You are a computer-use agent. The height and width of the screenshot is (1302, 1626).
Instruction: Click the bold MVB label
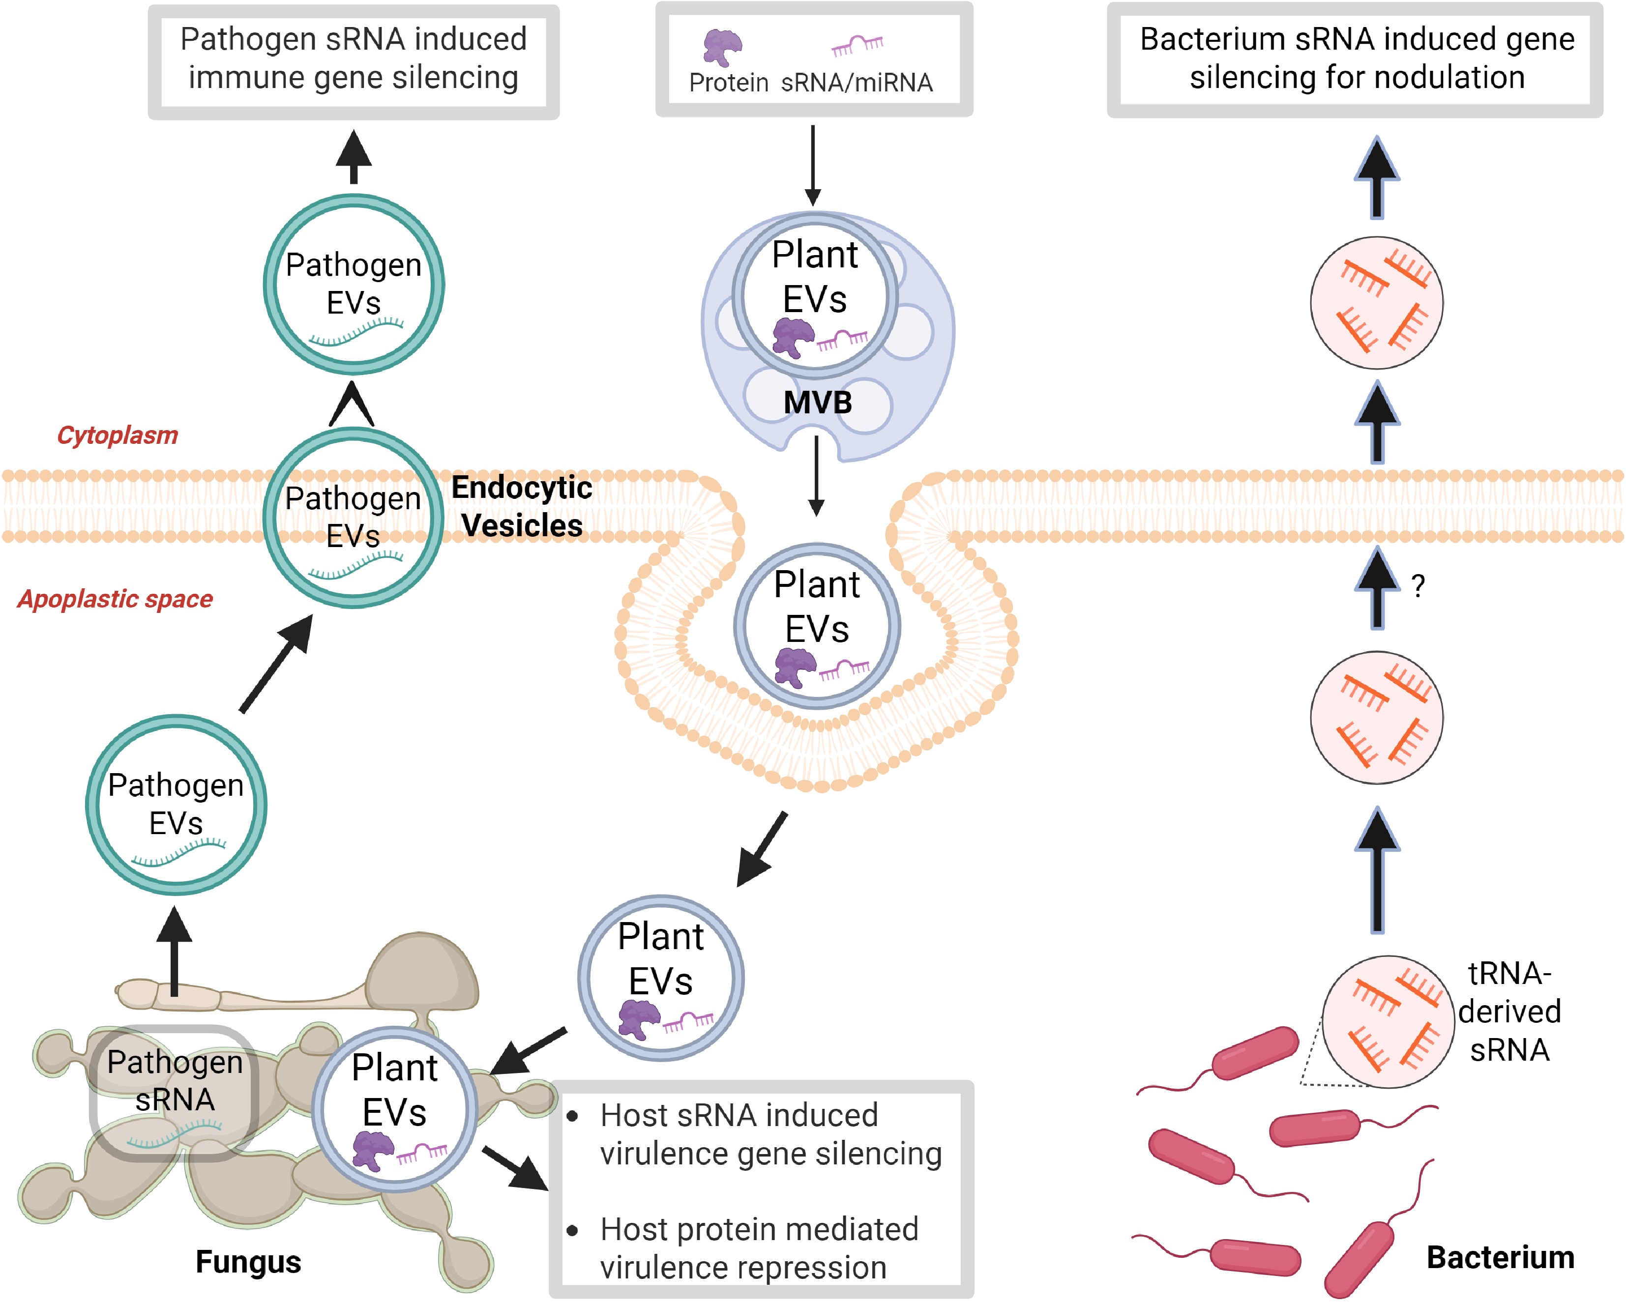tap(818, 403)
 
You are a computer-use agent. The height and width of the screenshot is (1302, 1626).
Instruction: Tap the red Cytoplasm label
tap(118, 435)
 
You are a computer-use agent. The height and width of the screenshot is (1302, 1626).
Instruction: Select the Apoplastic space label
tap(116, 599)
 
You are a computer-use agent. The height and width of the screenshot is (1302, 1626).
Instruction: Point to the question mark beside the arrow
tap(1418, 586)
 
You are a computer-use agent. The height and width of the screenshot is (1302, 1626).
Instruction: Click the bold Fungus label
tap(248, 1261)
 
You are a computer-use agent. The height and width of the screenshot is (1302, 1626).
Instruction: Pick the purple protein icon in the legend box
tap(722, 48)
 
